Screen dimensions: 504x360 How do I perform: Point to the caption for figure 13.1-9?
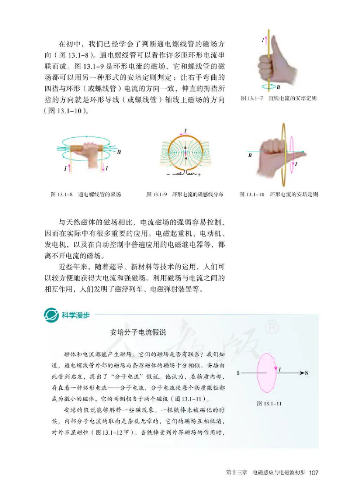185,195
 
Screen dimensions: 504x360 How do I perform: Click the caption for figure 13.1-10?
279,195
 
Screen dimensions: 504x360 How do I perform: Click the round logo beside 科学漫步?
49,314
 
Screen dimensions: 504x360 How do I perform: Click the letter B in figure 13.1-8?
119,152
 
